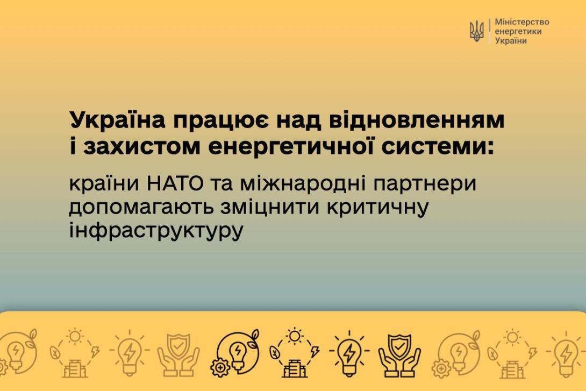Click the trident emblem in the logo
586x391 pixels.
476,31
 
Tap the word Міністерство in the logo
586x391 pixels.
521,22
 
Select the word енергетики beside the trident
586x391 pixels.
518,31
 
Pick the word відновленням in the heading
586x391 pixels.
412,120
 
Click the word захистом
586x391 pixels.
142,146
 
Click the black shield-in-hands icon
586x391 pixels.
399,355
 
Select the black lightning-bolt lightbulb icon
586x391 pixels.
349,353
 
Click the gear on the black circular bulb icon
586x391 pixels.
220,367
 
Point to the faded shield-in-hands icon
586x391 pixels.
178,355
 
